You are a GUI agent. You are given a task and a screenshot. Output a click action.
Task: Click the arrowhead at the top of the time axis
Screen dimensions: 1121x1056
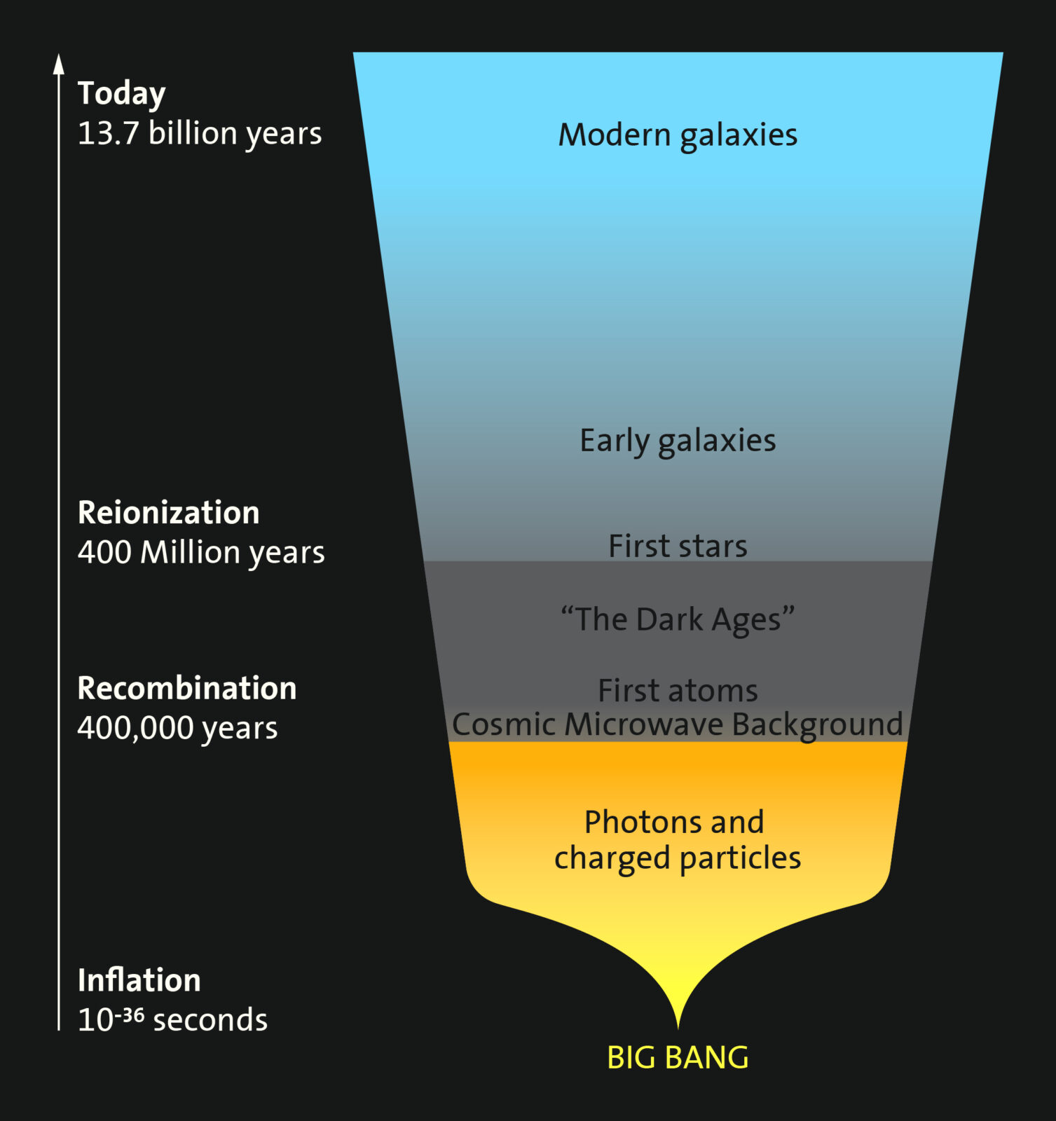(x=59, y=64)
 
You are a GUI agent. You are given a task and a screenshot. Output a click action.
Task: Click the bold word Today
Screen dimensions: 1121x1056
(x=121, y=93)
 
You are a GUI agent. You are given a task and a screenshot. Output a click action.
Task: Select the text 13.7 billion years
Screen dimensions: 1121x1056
(x=199, y=133)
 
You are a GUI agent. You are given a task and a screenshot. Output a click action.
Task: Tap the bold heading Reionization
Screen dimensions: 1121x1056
(x=168, y=513)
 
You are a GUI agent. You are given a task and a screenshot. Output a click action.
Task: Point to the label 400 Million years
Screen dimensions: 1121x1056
(x=201, y=553)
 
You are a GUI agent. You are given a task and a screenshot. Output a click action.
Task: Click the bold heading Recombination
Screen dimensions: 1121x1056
(x=186, y=689)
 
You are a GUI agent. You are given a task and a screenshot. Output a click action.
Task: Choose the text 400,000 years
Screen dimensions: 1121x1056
(x=177, y=729)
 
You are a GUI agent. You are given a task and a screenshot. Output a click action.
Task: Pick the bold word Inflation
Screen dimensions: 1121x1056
(x=139, y=980)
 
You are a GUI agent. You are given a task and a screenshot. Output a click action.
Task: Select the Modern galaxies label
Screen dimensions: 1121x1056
(x=678, y=135)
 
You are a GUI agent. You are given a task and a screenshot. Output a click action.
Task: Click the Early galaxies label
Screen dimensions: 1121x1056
(x=678, y=441)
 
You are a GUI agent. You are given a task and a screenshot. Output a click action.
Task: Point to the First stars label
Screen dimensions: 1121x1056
(x=678, y=546)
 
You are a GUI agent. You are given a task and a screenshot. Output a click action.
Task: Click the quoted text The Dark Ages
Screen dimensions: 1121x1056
(x=678, y=620)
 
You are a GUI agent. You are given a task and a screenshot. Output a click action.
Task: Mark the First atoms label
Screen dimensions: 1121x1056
(x=678, y=691)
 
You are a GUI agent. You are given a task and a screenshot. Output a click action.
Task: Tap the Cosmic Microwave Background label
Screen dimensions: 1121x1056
(x=678, y=724)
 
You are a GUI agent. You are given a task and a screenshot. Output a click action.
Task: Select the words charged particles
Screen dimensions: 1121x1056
(x=678, y=858)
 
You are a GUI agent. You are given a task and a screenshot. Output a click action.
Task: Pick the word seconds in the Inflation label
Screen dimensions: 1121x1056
(x=210, y=1020)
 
